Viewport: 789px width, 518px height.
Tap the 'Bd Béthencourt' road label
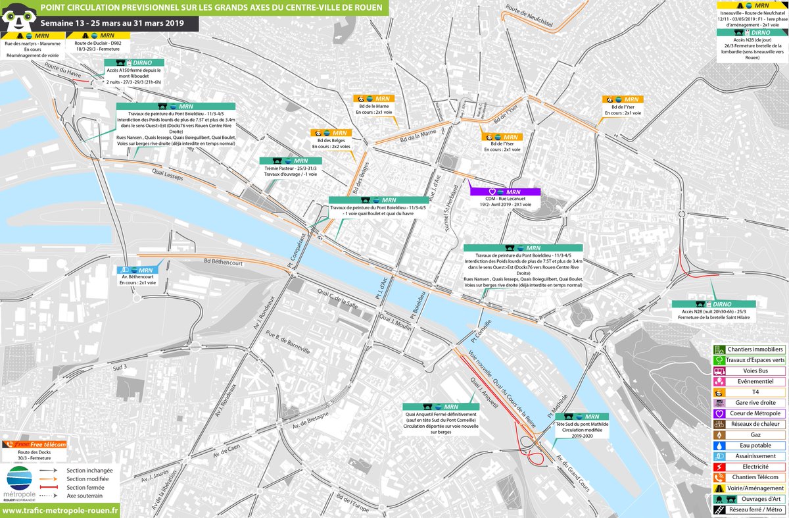[226, 261]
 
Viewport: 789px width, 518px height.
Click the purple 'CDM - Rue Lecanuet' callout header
[504, 192]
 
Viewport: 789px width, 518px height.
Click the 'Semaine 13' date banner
[99, 24]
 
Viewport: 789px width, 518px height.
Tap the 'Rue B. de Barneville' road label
[287, 342]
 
